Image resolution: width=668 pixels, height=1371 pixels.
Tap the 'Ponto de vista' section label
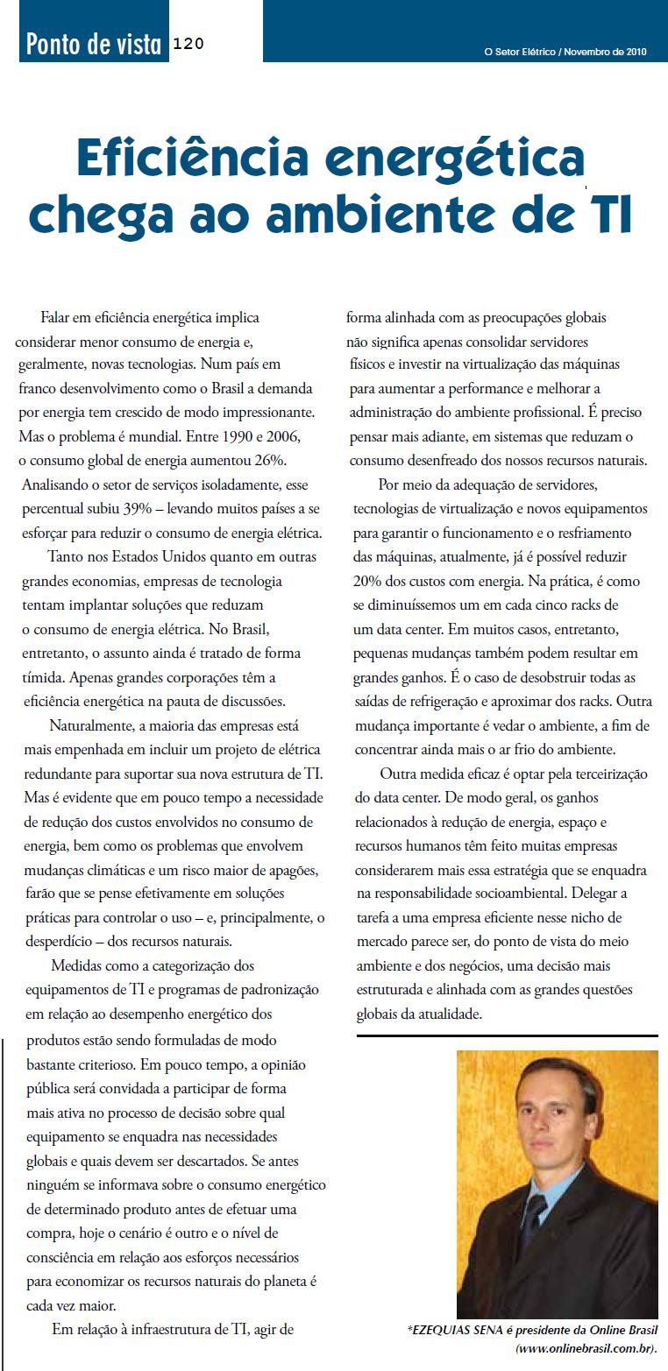[94, 44]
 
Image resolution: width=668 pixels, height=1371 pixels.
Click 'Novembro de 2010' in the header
[606, 52]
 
